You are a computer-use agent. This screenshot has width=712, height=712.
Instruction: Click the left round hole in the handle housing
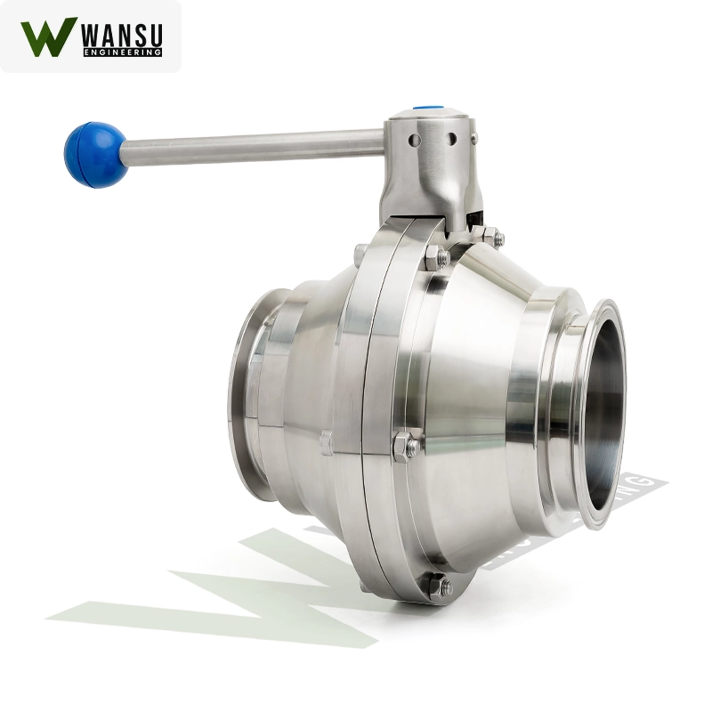click(415, 140)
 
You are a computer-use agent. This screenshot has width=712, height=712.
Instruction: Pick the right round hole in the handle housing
click(451, 139)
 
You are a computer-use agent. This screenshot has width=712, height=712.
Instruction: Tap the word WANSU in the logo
click(121, 35)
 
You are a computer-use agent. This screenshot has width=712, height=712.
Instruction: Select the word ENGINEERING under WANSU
click(121, 53)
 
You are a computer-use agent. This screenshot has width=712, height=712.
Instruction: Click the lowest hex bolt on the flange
click(437, 586)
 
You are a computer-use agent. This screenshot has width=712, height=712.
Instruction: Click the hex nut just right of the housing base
click(491, 237)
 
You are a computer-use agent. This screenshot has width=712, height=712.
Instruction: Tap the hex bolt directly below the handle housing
click(436, 258)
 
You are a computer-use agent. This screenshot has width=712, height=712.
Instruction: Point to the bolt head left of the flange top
click(360, 254)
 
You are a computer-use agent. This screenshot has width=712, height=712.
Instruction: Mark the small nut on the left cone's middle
click(326, 441)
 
